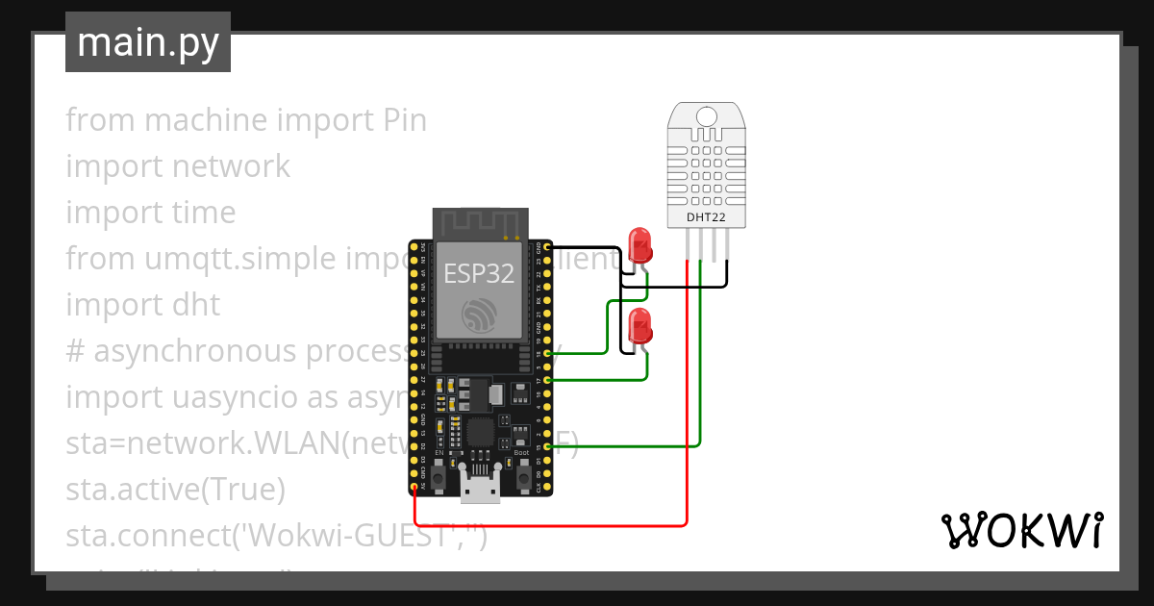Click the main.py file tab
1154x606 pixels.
click(x=147, y=42)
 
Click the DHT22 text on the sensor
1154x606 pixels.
click(x=706, y=217)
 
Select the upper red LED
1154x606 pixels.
click(x=639, y=244)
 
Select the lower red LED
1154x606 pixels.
click(x=639, y=326)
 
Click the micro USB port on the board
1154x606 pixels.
click(x=480, y=490)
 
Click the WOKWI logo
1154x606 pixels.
click(x=1021, y=530)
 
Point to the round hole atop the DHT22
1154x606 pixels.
click(x=706, y=116)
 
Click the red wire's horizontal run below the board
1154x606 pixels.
click(x=548, y=526)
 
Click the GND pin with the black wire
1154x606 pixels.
click(x=547, y=247)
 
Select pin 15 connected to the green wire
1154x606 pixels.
click(x=547, y=446)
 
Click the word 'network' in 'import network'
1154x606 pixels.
click(x=231, y=166)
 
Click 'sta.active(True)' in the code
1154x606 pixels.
click(x=176, y=490)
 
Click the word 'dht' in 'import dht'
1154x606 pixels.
click(x=196, y=305)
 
